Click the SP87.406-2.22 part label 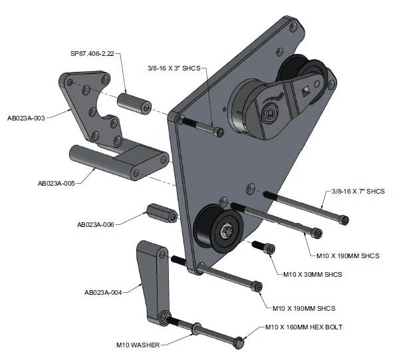92,54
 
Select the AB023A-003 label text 26,118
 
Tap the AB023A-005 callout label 57,183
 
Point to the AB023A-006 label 96,224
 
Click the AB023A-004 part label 103,293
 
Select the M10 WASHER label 138,345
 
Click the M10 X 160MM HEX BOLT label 304,327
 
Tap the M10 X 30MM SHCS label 313,274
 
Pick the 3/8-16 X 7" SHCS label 358,191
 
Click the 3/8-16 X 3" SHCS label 174,68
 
